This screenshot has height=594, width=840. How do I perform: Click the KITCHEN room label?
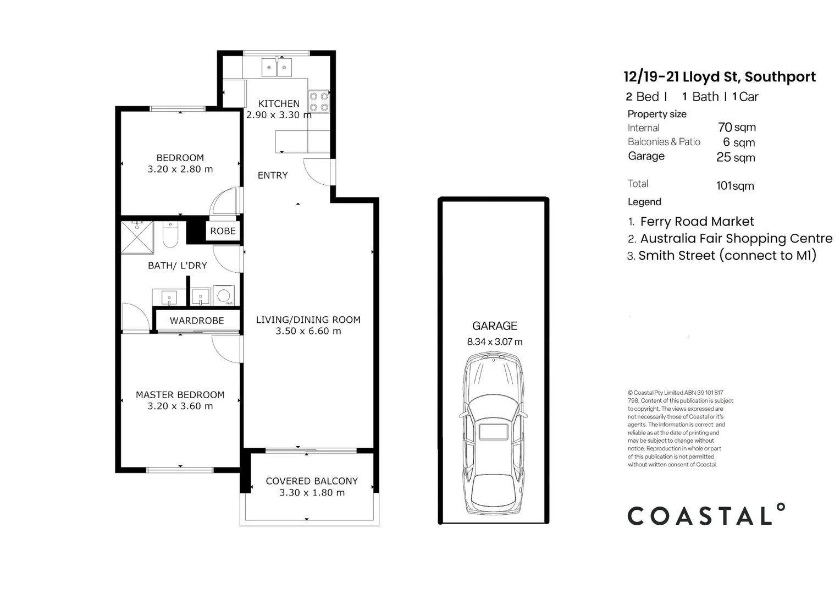coord(279,103)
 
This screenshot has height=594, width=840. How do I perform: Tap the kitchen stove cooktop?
coord(318,102)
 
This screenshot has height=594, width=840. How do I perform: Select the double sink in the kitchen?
coord(277,68)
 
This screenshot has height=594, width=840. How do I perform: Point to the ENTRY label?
coord(273,175)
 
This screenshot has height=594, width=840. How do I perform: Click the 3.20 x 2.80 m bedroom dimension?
coord(180,169)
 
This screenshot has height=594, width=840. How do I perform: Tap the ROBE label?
coord(223,231)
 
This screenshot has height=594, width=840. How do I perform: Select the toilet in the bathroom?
coord(170,235)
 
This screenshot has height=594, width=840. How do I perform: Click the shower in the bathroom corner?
coord(137,237)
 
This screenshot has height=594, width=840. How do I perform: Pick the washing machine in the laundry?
coord(224,295)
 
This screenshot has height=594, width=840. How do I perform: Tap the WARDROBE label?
coord(197,321)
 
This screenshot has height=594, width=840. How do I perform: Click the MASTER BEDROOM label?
coord(180,395)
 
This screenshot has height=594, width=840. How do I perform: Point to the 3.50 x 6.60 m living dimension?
coord(308,331)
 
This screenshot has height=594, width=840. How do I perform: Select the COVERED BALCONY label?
coord(312,481)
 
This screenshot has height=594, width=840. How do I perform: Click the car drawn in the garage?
coord(493,434)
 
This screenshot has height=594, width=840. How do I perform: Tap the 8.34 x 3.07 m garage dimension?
coord(494,342)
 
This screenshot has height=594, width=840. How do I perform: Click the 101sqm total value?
coord(735,186)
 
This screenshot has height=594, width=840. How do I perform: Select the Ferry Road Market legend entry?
coord(697,222)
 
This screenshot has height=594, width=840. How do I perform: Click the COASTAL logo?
coord(706,515)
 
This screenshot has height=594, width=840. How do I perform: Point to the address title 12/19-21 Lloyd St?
coord(719,77)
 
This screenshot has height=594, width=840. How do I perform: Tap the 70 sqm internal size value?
coord(737,128)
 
